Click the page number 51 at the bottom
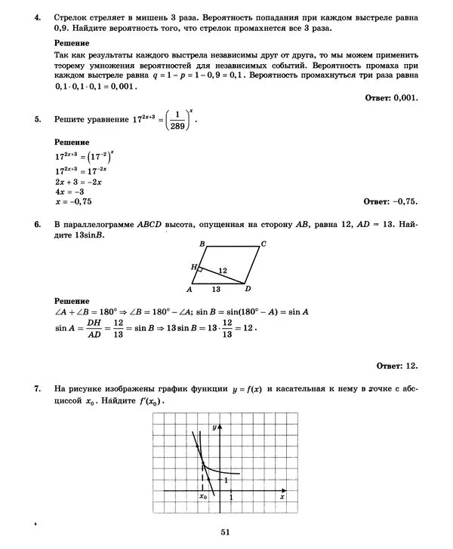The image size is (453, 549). pos(225,532)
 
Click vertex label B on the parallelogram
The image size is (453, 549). pos(202,244)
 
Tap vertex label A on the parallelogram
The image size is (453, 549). pos(190,290)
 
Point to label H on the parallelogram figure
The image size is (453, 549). pos(193,268)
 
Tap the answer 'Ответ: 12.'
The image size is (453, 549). pos(396,366)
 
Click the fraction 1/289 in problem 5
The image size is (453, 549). pos(180,120)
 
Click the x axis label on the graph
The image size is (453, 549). pos(282,498)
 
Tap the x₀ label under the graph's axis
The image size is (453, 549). pos(203,498)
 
